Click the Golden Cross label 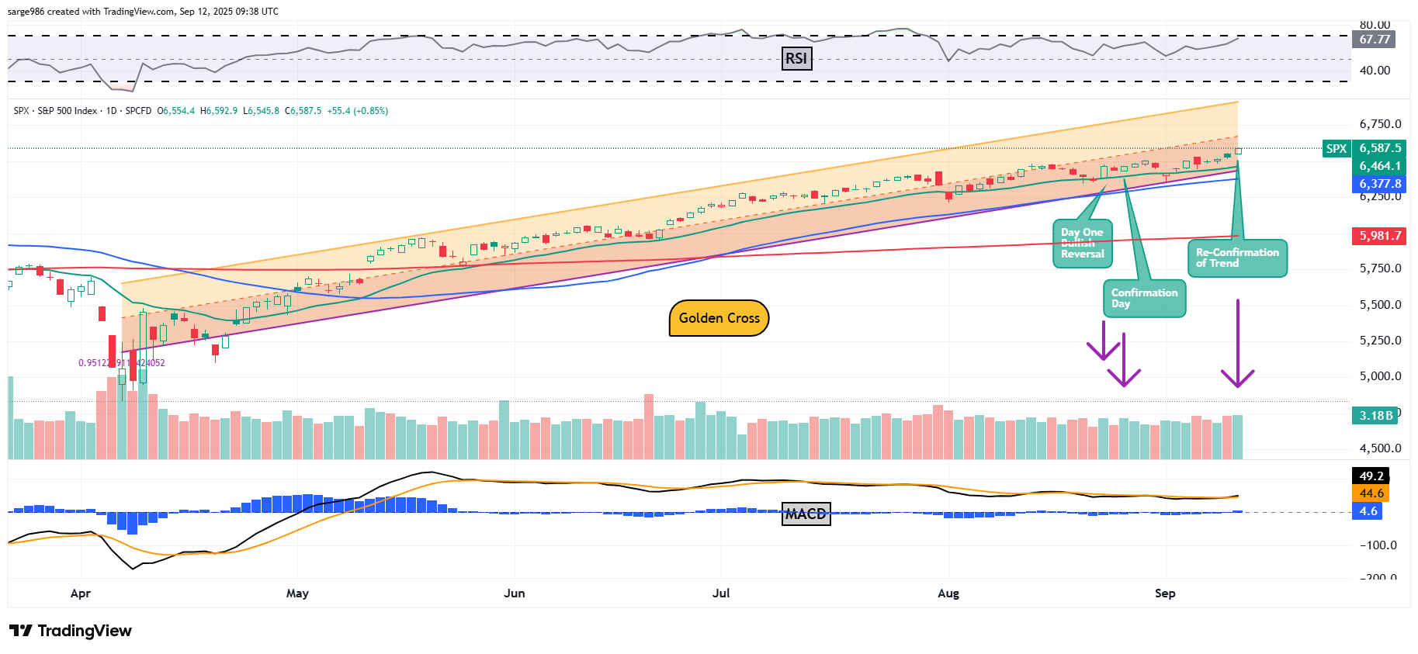pos(719,318)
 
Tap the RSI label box pos(796,58)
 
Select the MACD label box pos(806,514)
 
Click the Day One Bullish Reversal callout pos(1082,244)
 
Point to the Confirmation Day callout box pos(1144,298)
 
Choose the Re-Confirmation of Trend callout pos(1237,258)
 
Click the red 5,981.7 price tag pos(1380,235)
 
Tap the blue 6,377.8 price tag pos(1380,184)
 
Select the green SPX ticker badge pos(1336,149)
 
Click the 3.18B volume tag pos(1375,415)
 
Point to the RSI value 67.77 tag pos(1375,40)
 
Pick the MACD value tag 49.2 pos(1371,476)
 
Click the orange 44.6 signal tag pos(1371,493)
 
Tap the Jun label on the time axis pos(514,593)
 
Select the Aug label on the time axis pos(948,593)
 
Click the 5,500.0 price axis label pos(1380,305)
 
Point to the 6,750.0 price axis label pos(1380,124)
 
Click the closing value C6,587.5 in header pos(303,111)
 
